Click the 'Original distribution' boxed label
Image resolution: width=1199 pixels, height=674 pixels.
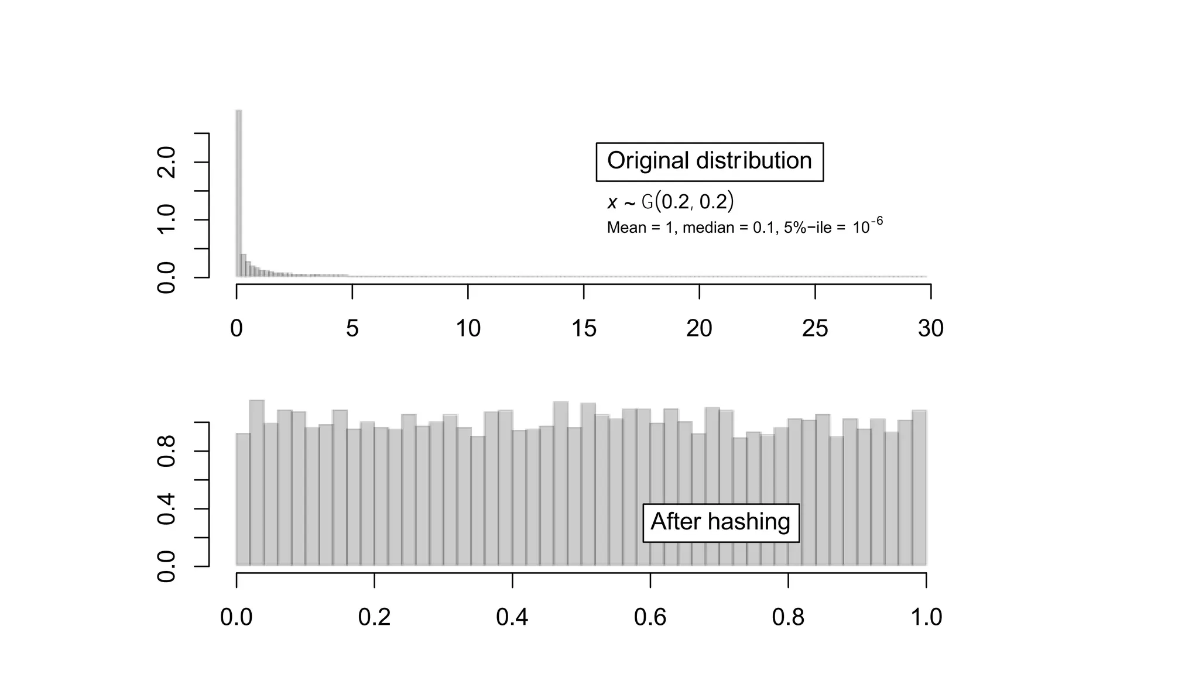(x=709, y=161)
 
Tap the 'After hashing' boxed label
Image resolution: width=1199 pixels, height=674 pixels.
(x=720, y=522)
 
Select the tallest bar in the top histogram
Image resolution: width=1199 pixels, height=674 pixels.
(x=239, y=193)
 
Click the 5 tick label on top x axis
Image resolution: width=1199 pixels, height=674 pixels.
(x=352, y=329)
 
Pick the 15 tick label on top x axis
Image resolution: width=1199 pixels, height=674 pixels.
(x=583, y=329)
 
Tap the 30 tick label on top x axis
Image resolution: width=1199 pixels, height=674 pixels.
(x=930, y=329)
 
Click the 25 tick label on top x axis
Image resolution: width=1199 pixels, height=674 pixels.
(x=815, y=329)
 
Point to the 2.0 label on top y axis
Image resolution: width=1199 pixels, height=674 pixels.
(x=167, y=162)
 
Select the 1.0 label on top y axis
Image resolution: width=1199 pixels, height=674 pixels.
(x=167, y=219)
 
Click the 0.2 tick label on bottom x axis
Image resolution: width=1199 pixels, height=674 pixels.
(x=374, y=617)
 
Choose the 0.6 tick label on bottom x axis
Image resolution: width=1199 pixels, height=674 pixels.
(x=650, y=617)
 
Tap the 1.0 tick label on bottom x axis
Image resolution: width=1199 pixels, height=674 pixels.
(x=926, y=617)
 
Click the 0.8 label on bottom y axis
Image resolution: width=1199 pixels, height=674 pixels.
(x=167, y=451)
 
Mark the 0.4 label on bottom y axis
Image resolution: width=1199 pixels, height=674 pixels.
(x=167, y=508)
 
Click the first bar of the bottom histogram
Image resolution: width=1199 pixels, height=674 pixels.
(x=243, y=500)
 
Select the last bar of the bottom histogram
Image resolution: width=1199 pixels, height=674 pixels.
(x=919, y=489)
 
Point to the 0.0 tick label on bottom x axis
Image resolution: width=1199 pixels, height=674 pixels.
(x=236, y=617)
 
